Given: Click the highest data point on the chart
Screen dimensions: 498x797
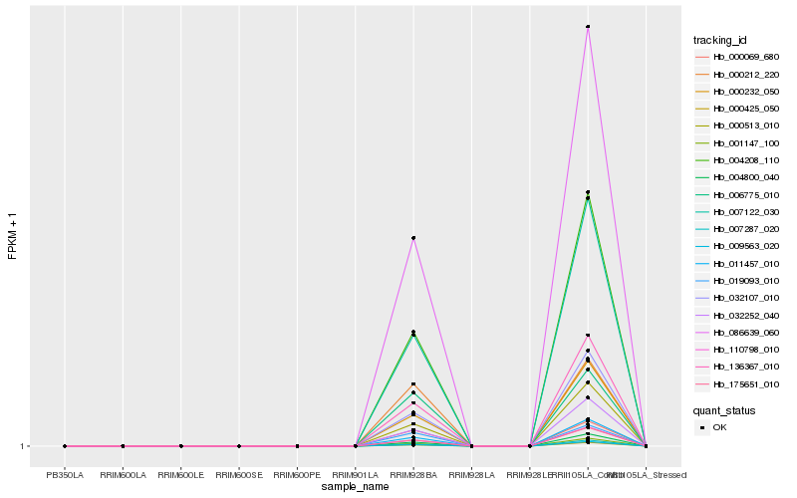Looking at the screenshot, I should coord(588,27).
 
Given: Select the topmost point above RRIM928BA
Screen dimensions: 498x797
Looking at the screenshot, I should coord(413,238).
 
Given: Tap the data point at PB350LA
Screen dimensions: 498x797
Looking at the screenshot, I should coord(65,446).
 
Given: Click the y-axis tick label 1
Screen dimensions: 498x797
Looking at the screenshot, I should coord(23,446).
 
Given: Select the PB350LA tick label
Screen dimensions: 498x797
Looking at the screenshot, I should coord(65,475).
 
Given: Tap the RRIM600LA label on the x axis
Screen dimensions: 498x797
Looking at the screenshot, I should coord(123,475).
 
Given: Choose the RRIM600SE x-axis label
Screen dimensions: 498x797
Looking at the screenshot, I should coord(239,475).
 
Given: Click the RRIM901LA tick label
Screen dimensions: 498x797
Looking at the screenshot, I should coord(355,475).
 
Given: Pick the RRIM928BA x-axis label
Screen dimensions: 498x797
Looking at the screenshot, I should coord(413,475).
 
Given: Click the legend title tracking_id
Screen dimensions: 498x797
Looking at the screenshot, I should coord(721,40).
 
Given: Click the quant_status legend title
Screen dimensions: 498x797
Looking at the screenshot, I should coord(724,410).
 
